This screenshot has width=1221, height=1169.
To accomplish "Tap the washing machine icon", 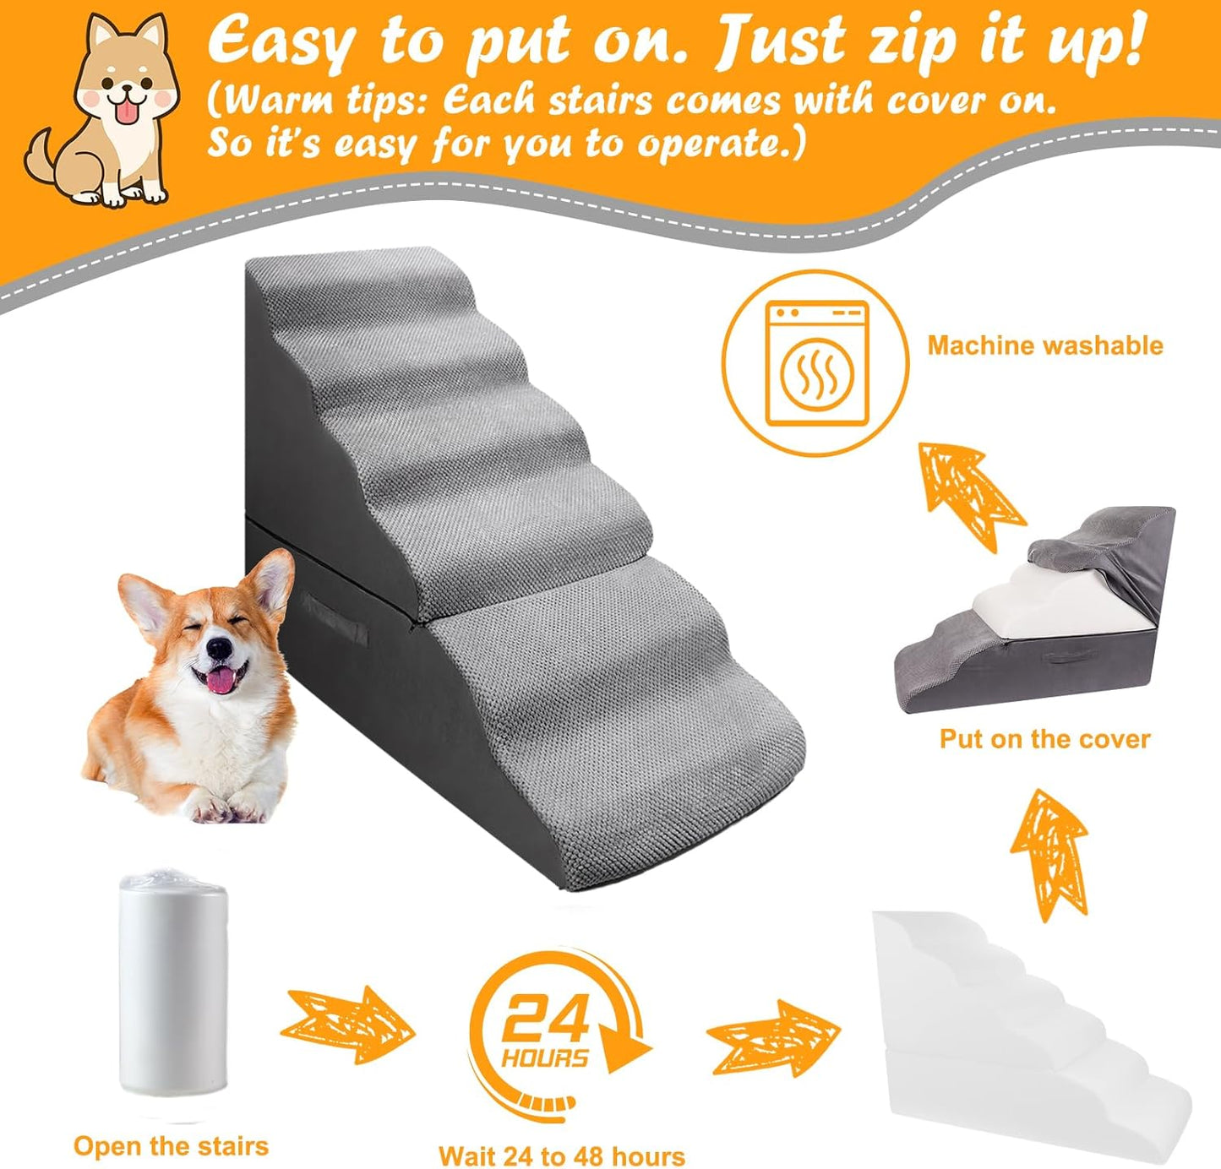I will click(816, 363).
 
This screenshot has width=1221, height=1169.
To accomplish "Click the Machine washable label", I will click(1044, 345).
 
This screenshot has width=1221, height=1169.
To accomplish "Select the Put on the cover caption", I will click(1044, 739).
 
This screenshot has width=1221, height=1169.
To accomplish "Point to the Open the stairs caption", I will click(171, 1146).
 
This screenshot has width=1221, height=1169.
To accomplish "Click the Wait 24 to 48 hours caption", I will click(561, 1156).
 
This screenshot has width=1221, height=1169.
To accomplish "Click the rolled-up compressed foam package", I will click(172, 984).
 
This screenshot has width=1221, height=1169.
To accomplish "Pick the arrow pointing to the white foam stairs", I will click(773, 1037).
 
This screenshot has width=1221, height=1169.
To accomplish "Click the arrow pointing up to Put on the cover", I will click(1049, 853).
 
